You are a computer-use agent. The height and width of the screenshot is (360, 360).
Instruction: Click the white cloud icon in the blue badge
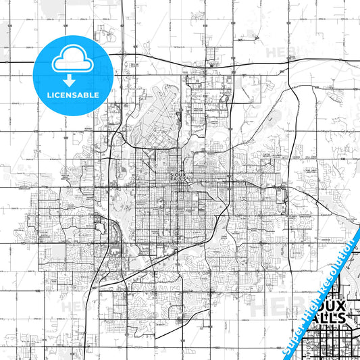(73, 58)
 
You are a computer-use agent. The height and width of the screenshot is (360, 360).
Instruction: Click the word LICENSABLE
(73, 95)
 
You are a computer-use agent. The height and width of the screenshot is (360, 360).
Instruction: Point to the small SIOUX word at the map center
(176, 174)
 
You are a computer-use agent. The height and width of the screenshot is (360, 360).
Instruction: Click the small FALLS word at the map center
(176, 179)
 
